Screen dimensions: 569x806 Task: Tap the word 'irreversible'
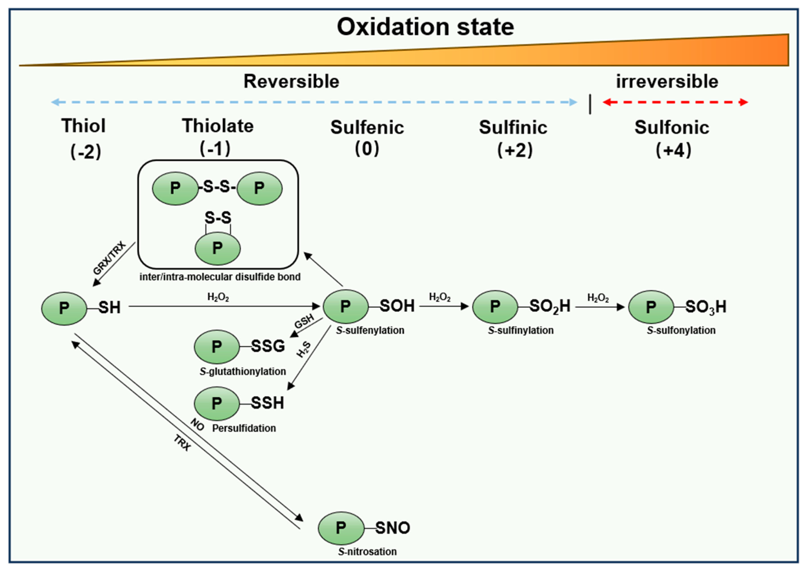(x=667, y=82)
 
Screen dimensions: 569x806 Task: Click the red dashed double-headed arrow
(x=675, y=102)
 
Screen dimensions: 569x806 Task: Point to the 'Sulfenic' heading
(x=367, y=127)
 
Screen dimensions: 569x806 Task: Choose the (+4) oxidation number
(x=673, y=151)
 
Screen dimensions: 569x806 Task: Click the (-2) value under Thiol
(x=86, y=152)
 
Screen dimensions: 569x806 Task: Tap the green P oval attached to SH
(x=64, y=308)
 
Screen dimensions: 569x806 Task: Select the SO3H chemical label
(x=706, y=307)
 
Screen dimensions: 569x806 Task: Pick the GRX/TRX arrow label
(x=109, y=258)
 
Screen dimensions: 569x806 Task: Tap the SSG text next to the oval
(x=268, y=347)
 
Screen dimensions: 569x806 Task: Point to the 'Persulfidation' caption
(x=244, y=428)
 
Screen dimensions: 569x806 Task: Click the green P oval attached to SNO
(x=341, y=528)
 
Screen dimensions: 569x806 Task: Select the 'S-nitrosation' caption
(x=367, y=551)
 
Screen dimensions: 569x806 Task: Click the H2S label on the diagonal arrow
(x=304, y=349)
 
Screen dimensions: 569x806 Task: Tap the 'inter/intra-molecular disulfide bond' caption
(x=220, y=277)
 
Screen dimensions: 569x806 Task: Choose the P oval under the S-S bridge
(x=218, y=248)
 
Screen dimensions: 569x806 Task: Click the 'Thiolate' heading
(x=218, y=126)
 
